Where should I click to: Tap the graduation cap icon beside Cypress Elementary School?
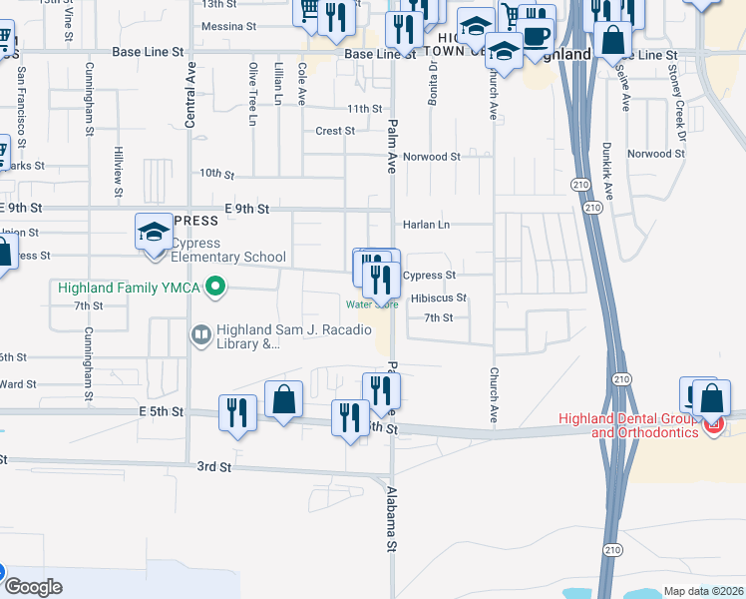pyautogui.click(x=154, y=234)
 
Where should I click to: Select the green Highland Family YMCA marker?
pyautogui.click(x=214, y=290)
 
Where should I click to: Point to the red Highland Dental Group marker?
pyautogui.click(x=713, y=425)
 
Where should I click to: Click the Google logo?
pyautogui.click(x=32, y=587)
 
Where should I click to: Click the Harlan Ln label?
pyautogui.click(x=427, y=225)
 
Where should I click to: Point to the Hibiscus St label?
pyautogui.click(x=439, y=298)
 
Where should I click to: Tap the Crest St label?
pyautogui.click(x=335, y=131)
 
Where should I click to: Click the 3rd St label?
pyautogui.click(x=212, y=466)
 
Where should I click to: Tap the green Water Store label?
pyautogui.click(x=372, y=304)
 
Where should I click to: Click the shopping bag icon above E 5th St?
pyautogui.click(x=284, y=398)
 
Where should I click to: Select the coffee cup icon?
pyautogui.click(x=538, y=36)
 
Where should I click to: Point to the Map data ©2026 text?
pyautogui.click(x=703, y=591)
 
